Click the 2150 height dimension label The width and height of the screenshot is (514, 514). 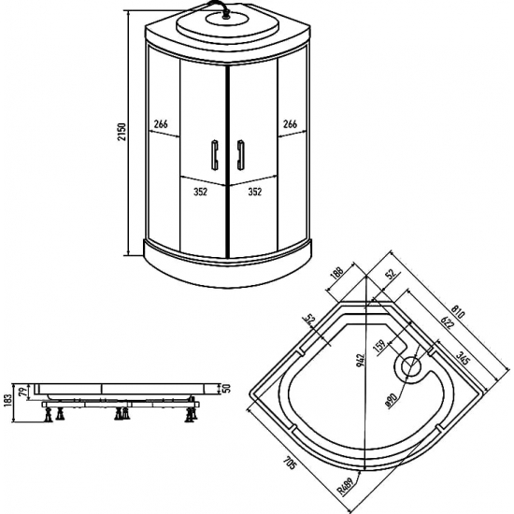[121, 132]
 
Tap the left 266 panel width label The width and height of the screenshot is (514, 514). [161, 124]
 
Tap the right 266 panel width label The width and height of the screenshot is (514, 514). [290, 124]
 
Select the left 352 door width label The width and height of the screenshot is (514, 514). [200, 192]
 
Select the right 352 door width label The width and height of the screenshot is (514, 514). [255, 192]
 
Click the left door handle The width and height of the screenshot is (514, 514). [215, 155]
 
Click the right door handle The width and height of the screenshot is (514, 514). [241, 155]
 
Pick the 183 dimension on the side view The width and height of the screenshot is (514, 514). [7, 401]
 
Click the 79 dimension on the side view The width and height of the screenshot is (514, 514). [23, 393]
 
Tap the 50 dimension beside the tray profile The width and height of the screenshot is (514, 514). [227, 389]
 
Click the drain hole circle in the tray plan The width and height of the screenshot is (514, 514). [410, 367]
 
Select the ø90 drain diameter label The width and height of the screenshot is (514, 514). [392, 400]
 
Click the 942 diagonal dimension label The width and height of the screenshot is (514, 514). [361, 360]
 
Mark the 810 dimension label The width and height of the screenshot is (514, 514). [458, 312]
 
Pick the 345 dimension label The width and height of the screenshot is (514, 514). [464, 358]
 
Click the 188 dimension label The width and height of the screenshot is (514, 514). [337, 273]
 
